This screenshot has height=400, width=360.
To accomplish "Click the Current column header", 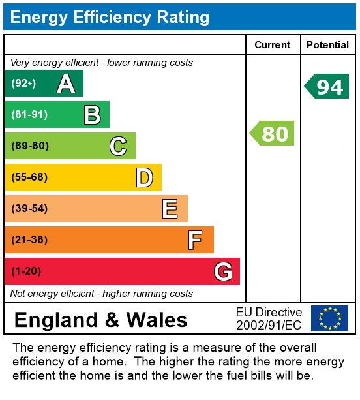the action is click(273, 45).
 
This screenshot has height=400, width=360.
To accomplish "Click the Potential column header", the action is click(327, 45).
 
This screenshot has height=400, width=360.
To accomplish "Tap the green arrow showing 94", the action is click(327, 86).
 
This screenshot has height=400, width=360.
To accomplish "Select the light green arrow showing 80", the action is click(272, 133).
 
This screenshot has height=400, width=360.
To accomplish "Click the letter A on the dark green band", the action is click(66, 84).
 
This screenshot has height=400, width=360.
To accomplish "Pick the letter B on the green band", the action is click(93, 115).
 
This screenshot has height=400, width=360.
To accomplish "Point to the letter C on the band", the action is click(118, 146).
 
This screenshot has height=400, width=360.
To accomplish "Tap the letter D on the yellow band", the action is click(145, 177).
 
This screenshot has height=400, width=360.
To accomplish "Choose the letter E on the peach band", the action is click(170, 209).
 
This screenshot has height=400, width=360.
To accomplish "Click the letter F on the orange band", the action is click(195, 240).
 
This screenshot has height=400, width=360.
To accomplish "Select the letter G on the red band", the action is click(223, 271).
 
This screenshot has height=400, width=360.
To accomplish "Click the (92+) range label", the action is click(23, 83).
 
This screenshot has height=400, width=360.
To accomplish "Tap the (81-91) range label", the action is click(29, 115).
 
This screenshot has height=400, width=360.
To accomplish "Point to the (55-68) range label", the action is click(29, 177).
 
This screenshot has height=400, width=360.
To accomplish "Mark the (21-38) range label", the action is click(29, 239).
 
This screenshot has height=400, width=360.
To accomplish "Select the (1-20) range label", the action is click(26, 271).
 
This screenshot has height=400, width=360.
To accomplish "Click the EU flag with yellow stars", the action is click(329, 318).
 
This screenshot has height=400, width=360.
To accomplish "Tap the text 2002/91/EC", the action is click(269, 325).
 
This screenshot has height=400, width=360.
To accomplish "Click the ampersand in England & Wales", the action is click(112, 320).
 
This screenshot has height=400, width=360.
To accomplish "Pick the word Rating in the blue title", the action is click(183, 18).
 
